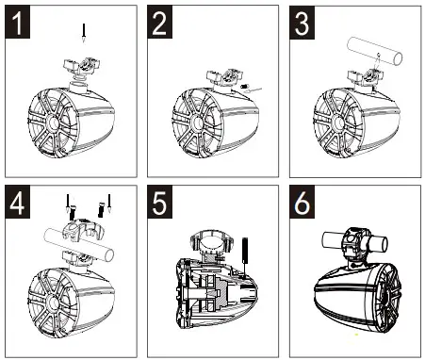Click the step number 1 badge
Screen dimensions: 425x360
click(x=18, y=22)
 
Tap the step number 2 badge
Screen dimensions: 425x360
click(x=160, y=22)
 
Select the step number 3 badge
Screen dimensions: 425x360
click(x=302, y=22)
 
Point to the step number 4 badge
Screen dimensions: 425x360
click(x=18, y=202)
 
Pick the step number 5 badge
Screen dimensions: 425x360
click(x=160, y=202)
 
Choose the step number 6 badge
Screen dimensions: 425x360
click(x=302, y=202)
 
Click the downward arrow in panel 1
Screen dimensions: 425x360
click(x=84, y=33)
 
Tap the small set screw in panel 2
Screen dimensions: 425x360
click(x=244, y=86)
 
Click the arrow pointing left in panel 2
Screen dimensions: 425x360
click(x=254, y=90)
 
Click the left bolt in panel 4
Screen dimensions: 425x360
click(x=72, y=212)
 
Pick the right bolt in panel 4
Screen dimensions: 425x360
click(x=101, y=209)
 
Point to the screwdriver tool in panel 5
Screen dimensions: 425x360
click(x=245, y=256)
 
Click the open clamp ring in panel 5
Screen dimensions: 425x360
click(x=211, y=241)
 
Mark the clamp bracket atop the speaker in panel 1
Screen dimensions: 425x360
click(x=82, y=67)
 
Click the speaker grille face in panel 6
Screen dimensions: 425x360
click(x=388, y=297)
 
